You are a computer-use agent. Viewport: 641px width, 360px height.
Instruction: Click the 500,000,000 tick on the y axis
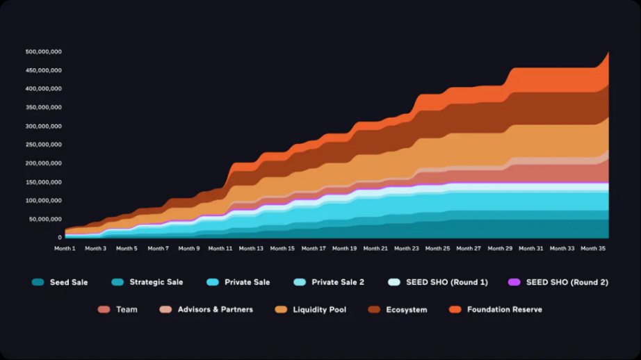44,52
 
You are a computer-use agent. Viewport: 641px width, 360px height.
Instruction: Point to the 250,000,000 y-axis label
44,145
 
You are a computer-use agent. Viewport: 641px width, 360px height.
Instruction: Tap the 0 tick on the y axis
60,238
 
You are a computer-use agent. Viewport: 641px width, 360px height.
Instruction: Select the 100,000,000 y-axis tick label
44,200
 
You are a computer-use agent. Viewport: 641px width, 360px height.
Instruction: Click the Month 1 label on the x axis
65,248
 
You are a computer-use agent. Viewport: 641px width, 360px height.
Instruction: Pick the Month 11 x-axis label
220,248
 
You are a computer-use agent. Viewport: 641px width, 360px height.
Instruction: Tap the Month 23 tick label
406,248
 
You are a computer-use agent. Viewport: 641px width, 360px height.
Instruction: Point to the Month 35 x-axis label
592,248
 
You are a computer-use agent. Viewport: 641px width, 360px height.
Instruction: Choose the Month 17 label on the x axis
313,248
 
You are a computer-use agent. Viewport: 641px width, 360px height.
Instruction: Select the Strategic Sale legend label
156,282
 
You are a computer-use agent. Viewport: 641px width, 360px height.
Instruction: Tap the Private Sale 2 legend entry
338,282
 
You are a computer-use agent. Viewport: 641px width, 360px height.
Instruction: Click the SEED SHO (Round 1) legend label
447,282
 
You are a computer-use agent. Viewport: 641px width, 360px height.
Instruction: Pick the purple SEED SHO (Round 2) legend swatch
514,282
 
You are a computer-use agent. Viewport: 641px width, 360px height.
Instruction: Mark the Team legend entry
127,309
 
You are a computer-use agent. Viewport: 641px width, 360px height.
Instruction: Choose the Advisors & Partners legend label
216,309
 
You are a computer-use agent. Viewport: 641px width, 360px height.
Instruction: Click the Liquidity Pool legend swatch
281,309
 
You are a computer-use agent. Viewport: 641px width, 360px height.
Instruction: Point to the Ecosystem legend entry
407,309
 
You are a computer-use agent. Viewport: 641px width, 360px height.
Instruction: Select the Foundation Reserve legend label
505,309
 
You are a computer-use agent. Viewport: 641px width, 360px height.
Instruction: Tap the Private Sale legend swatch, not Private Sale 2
213,282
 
